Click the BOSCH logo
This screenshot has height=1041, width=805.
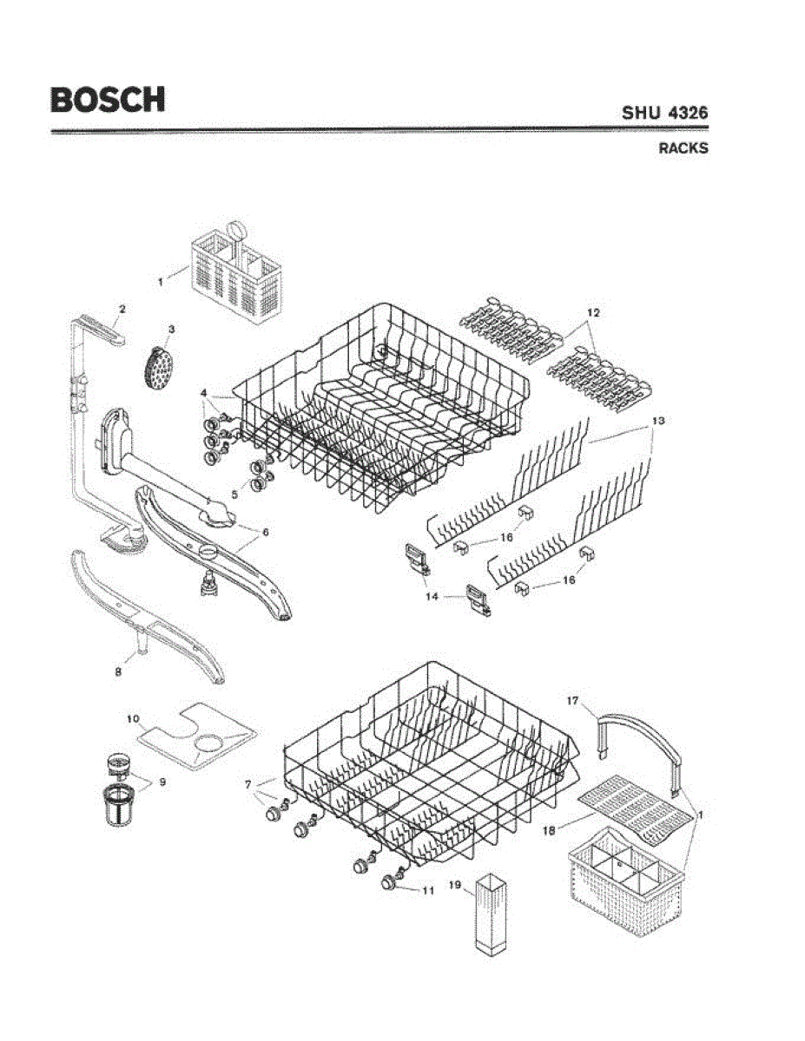(107, 99)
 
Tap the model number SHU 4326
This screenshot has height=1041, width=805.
(664, 113)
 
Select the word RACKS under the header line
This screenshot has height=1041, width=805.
(683, 148)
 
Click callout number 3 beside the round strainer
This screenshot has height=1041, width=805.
(171, 329)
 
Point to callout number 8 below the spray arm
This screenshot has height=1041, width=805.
(118, 671)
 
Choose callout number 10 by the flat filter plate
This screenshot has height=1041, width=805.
(133, 718)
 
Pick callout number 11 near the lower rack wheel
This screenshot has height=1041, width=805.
(426, 891)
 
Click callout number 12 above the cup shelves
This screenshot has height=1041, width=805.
(593, 311)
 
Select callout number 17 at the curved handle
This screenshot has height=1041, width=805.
(572, 699)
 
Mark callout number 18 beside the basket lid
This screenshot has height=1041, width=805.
(548, 830)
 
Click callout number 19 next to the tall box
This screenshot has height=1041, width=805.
(453, 886)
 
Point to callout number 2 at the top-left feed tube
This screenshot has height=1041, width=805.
(122, 309)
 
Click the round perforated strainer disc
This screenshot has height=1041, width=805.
(156, 370)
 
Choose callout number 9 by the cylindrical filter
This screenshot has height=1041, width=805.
(162, 781)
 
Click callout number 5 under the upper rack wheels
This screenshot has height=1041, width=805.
(233, 494)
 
